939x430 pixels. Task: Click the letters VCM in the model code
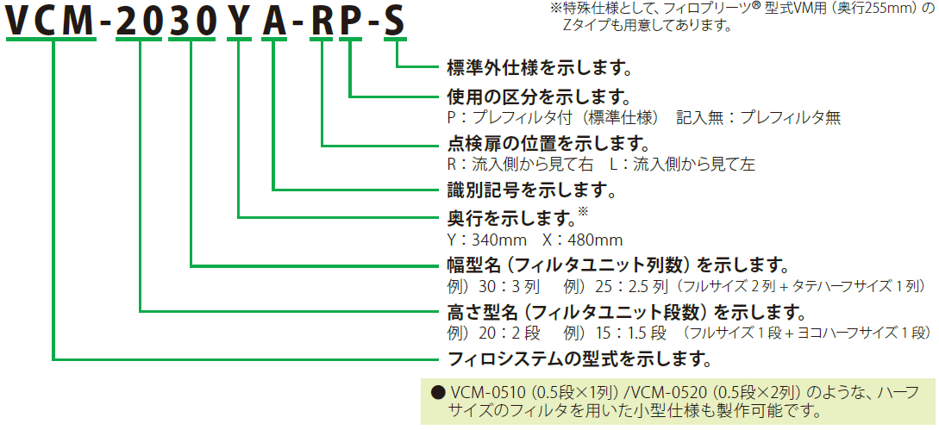pyautogui.click(x=51, y=22)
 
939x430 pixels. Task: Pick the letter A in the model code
pyautogui.click(x=274, y=22)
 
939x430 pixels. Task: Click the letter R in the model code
pyautogui.click(x=322, y=22)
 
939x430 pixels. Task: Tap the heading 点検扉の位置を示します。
pyautogui.click(x=548, y=143)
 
